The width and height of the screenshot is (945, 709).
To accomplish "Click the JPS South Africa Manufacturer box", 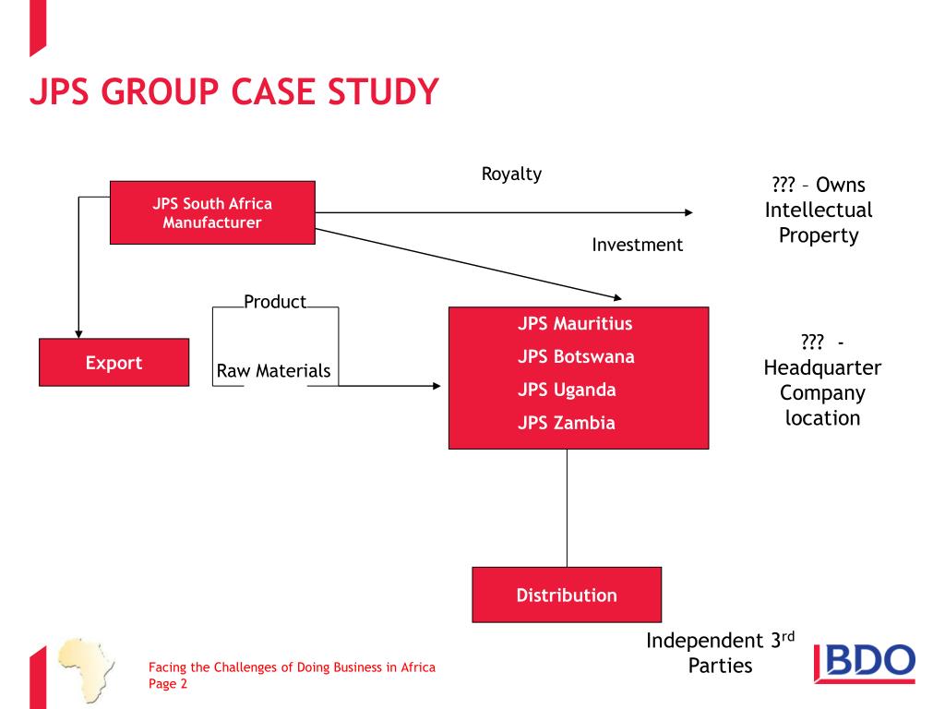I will coord(212,212).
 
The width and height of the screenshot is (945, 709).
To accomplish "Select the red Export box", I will coord(114,362).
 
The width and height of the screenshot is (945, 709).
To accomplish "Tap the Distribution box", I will coord(567,595).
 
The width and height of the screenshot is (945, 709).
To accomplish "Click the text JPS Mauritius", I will coord(575,324).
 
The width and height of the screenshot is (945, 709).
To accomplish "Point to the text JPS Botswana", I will coord(576,356).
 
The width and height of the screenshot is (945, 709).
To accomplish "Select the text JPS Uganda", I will coord(567,390).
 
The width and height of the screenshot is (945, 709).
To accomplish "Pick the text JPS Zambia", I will coord(566,424).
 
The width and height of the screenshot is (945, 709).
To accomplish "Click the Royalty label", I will coord(511,174).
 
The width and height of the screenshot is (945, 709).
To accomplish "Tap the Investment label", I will coord(637,245).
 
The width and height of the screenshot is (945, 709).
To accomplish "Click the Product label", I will coord(275,302).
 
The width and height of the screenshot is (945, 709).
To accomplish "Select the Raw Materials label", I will coord(273,371).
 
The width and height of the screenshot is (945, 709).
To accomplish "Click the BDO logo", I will coord(865,664).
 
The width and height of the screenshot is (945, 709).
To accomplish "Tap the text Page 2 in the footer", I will coord(168,684).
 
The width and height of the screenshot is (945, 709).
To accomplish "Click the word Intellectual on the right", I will coord(818,210).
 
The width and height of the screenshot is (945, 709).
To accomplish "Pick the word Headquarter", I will coord(822,367).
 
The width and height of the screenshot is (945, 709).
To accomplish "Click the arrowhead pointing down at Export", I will coord(79,332).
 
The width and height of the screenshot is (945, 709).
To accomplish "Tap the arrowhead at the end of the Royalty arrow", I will coord(688,212).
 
